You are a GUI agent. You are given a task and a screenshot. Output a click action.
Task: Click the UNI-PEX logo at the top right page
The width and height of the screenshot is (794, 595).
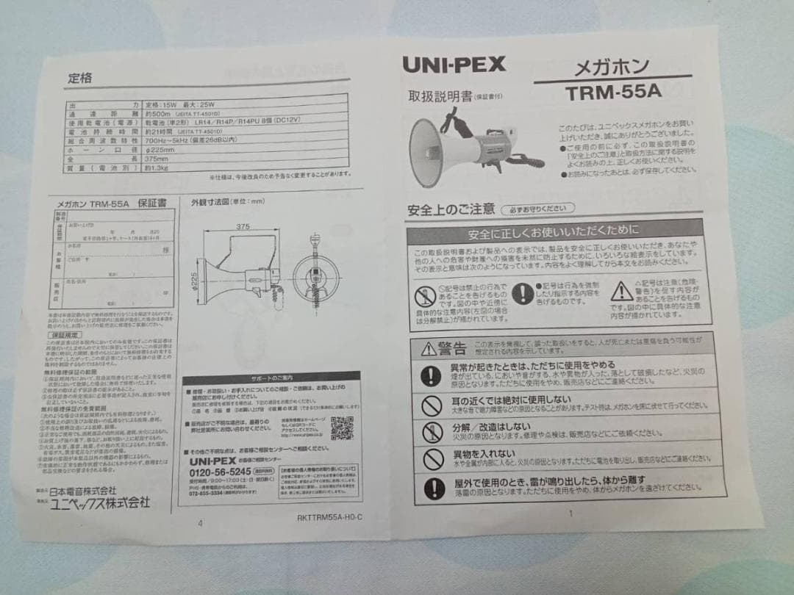point(454,64)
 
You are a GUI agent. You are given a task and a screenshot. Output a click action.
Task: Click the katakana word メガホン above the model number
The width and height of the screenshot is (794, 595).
point(612,68)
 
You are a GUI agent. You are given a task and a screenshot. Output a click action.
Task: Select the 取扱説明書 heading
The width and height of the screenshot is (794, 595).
point(440,97)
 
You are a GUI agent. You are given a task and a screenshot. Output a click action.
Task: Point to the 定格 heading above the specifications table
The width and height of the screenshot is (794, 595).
point(80,76)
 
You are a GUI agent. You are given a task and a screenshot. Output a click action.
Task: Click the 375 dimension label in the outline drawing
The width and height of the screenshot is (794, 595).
point(243,227)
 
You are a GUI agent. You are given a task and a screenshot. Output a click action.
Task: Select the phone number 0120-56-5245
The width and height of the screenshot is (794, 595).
point(216,471)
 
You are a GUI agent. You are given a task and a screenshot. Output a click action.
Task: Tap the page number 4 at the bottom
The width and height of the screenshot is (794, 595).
point(200,523)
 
